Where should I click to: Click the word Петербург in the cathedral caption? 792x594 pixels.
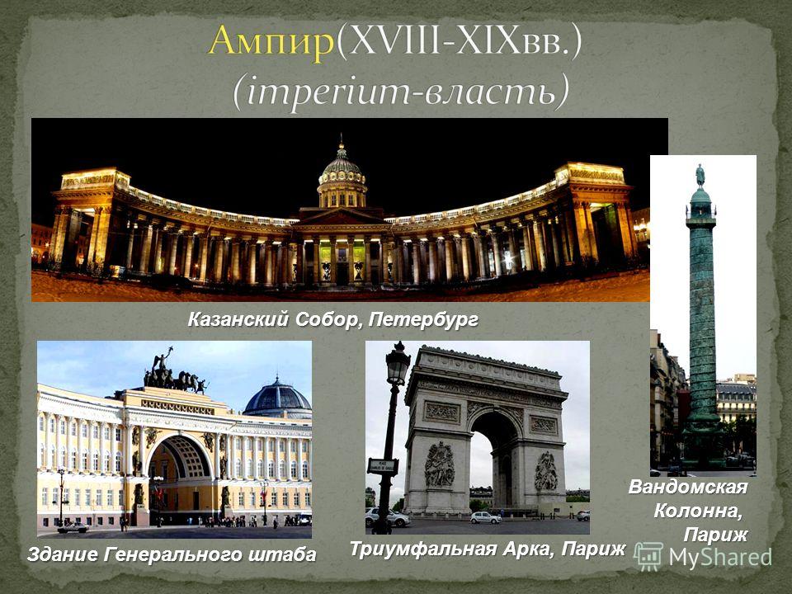pyautogui.click(x=423, y=320)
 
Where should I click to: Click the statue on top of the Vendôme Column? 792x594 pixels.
pyautogui.click(x=700, y=176)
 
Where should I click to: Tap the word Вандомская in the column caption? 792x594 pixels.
pyautogui.click(x=688, y=488)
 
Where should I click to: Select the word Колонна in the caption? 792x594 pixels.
pyautogui.click(x=698, y=511)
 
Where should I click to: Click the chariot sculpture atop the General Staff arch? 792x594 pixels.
pyautogui.click(x=174, y=373)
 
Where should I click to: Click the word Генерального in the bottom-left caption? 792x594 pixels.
pyautogui.click(x=174, y=554)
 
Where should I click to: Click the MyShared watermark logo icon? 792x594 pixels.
pyautogui.click(x=648, y=557)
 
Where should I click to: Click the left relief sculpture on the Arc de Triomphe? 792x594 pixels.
pyautogui.click(x=438, y=464)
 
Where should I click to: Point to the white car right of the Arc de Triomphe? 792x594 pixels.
pyautogui.click(x=485, y=517)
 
